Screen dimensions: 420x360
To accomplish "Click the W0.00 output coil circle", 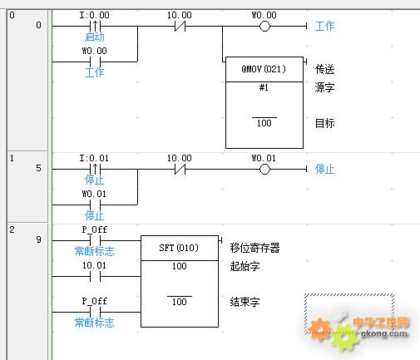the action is (x=264, y=27).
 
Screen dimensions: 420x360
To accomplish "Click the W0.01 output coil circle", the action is (x=264, y=169).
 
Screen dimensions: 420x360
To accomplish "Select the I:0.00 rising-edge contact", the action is (x=95, y=27).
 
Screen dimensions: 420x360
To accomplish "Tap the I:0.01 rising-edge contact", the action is (x=95, y=169).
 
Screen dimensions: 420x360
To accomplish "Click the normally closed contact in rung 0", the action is (x=180, y=27).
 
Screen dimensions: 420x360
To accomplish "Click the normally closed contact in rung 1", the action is (x=180, y=169).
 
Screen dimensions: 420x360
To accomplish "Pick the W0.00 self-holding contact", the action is (x=95, y=62).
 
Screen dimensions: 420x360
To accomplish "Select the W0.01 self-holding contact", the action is (x=95, y=205).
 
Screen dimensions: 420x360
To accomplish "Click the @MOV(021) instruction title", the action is (x=264, y=69).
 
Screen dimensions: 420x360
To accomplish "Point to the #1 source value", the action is (x=264, y=87).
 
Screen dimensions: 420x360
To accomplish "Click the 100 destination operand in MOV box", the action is (x=264, y=123).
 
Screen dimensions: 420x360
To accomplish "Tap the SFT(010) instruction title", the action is (x=179, y=248).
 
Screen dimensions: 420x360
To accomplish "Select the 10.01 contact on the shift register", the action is (x=95, y=276).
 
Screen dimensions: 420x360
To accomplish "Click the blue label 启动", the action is (x=95, y=37).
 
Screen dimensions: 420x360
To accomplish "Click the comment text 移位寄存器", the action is (x=254, y=248).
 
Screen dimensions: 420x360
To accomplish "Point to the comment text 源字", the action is (x=324, y=87).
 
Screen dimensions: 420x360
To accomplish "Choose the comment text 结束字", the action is (x=245, y=302).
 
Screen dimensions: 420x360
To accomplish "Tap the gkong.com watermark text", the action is (x=384, y=333).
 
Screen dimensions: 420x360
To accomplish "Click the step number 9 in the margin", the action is (x=39, y=239).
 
